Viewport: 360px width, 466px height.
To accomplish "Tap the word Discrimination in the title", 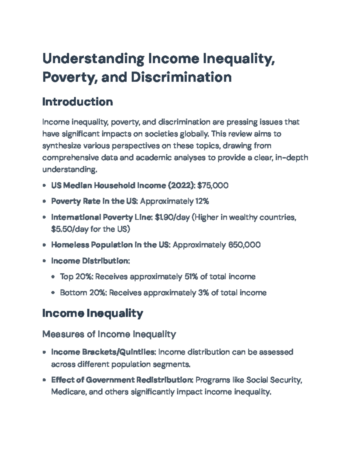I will (x=181, y=77).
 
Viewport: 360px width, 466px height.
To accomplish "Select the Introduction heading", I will (x=77, y=102).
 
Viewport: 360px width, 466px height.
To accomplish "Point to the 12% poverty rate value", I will (x=202, y=201).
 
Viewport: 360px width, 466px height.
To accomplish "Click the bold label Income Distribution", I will (x=90, y=261).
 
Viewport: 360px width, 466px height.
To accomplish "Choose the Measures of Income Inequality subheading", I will (x=109, y=334).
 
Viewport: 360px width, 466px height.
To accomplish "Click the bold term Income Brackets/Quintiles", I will (x=103, y=352).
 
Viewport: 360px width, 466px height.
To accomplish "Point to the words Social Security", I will (x=273, y=380).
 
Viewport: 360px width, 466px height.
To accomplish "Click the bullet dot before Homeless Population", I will (x=44, y=245).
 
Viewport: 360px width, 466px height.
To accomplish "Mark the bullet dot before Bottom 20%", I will (x=53, y=293).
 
